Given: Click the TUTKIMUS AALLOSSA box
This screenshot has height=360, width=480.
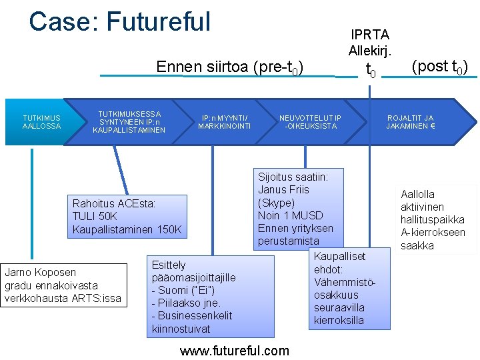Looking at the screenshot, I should point(41,122).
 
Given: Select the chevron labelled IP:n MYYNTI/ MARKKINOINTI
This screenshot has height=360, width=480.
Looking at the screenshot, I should point(224,122).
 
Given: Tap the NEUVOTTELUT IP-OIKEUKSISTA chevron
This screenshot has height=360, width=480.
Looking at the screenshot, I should point(310,122).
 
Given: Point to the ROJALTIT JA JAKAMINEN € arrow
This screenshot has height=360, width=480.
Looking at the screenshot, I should point(411,122).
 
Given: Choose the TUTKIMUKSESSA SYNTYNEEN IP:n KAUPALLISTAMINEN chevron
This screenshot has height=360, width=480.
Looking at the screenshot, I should point(129,121).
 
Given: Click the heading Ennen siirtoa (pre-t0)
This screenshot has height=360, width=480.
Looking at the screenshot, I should point(230,67).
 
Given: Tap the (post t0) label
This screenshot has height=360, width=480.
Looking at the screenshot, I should point(439,67).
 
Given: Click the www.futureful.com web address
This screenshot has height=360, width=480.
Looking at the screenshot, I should point(235,351).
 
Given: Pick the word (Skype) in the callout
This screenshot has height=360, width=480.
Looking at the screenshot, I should point(276,203).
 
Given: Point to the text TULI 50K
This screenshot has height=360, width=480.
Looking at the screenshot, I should point(95,217).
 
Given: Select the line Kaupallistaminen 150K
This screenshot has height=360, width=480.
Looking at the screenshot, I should point(127,230).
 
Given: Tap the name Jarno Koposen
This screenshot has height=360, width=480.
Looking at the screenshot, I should point(41,272).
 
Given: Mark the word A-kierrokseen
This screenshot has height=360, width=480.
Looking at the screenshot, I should point(433,233).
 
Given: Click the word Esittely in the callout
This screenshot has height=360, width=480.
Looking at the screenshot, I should point(169,265).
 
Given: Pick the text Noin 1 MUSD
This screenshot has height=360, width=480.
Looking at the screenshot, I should point(290,215).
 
